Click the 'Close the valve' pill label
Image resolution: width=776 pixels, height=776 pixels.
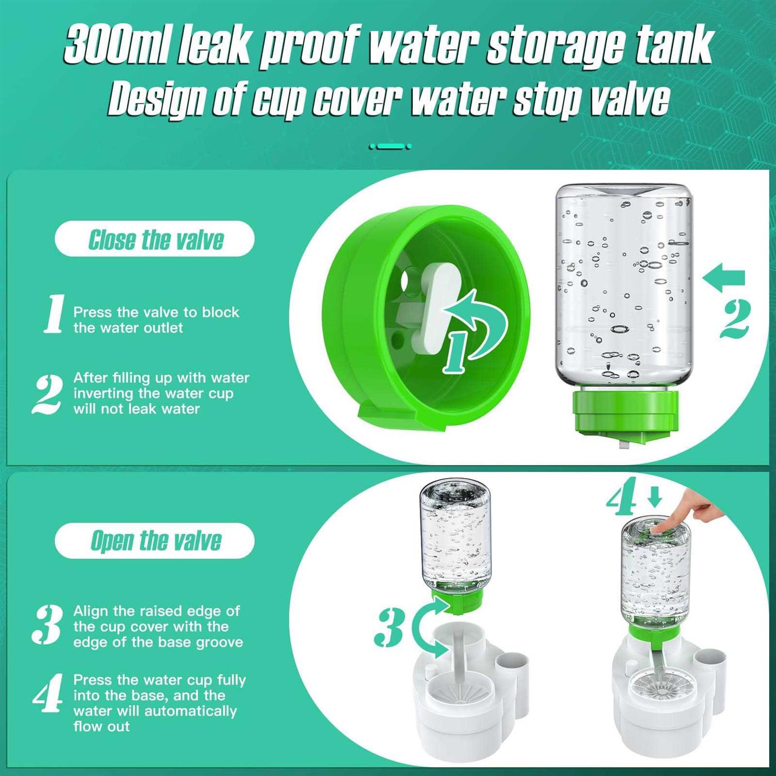tap(155, 239)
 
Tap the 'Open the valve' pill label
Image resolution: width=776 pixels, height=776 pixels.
tap(155, 541)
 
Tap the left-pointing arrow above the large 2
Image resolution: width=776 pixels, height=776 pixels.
tap(724, 278)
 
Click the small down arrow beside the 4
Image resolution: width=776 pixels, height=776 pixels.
tap(655, 497)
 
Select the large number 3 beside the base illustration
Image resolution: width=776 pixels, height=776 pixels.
tap(389, 627)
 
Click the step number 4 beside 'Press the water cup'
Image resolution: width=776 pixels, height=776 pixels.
tap(49, 693)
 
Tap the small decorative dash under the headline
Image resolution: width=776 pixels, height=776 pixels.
tap(391, 146)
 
